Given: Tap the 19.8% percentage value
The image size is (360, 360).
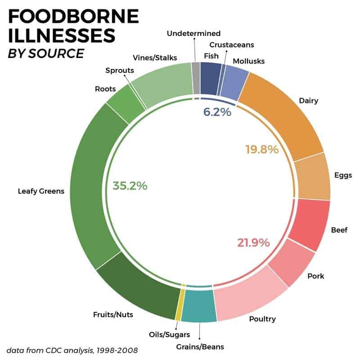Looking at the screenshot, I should pyautogui.click(x=262, y=149).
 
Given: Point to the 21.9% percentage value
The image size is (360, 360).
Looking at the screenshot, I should pyautogui.click(x=253, y=243).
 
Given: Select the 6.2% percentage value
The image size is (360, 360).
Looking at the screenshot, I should pyautogui.click(x=217, y=112).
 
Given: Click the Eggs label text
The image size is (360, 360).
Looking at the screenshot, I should pyautogui.click(x=343, y=175).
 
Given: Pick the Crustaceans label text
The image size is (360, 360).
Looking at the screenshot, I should pyautogui.click(x=232, y=45).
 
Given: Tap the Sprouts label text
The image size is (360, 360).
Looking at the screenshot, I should pyautogui.click(x=120, y=70).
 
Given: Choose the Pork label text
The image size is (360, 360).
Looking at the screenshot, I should pyautogui.click(x=315, y=276).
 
